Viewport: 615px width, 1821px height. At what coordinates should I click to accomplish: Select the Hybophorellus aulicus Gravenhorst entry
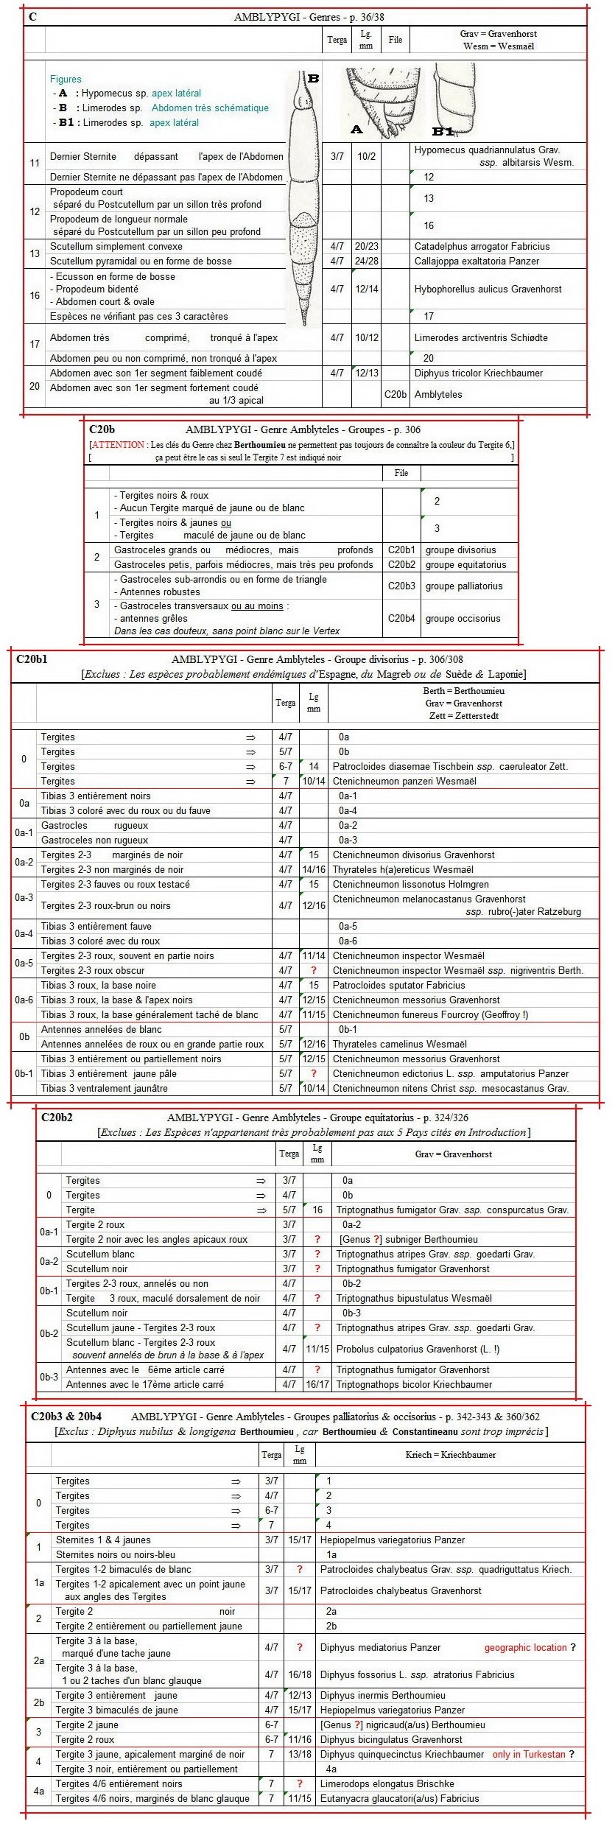(x=488, y=290)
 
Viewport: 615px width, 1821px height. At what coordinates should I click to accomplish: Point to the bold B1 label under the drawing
(x=443, y=131)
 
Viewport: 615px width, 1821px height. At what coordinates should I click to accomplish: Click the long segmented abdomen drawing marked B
(x=304, y=199)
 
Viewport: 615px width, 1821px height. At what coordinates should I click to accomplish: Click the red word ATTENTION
(x=118, y=445)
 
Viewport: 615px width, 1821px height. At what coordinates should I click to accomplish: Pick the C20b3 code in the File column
(x=401, y=586)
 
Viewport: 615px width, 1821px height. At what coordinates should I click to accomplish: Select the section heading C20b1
(x=32, y=659)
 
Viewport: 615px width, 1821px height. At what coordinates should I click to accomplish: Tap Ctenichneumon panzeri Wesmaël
(x=404, y=782)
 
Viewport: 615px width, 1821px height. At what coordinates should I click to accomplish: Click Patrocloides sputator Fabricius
(x=398, y=986)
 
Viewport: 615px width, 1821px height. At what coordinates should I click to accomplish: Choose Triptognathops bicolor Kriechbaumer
(x=414, y=1385)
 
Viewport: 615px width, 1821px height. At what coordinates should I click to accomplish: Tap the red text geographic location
(x=525, y=1648)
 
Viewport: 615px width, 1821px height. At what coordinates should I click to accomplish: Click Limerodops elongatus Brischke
(x=387, y=1784)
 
